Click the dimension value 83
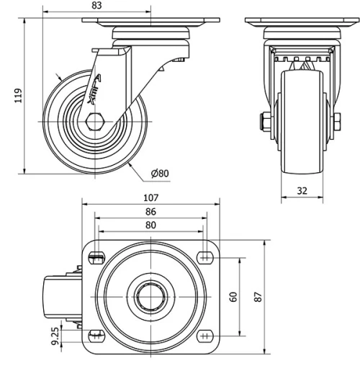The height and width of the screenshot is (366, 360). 97,5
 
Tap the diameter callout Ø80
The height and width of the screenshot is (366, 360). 160,173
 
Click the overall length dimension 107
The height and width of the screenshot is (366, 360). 150,197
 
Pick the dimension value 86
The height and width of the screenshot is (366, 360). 150,213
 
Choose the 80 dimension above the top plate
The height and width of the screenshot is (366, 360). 150,225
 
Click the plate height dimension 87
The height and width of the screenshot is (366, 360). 260,297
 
